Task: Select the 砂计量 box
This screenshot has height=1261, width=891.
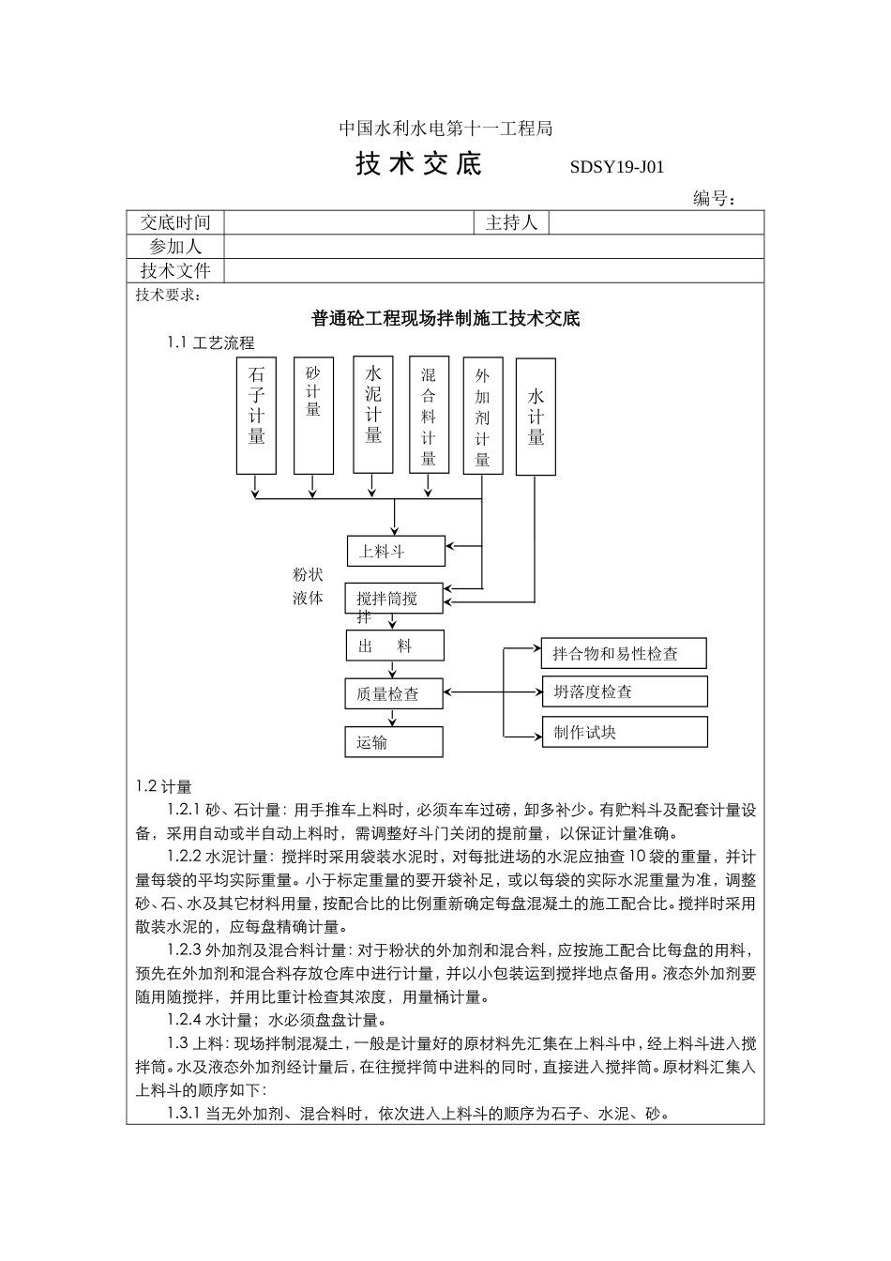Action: pyautogui.click(x=313, y=415)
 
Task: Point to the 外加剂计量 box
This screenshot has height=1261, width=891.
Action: pyautogui.click(x=483, y=415)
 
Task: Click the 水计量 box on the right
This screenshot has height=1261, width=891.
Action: pyautogui.click(x=536, y=416)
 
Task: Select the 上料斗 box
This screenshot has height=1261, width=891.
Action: pyautogui.click(x=396, y=552)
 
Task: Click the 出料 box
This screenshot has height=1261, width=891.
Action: pyautogui.click(x=394, y=646)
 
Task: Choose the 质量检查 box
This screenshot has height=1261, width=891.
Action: pyautogui.click(x=394, y=694)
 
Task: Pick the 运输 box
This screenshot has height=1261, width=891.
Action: pyautogui.click(x=394, y=742)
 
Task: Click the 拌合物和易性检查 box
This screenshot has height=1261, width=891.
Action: pyautogui.click(x=624, y=653)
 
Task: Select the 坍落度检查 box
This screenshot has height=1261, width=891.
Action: pyautogui.click(x=624, y=691)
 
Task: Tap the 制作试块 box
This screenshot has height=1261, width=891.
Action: pyautogui.click(x=624, y=732)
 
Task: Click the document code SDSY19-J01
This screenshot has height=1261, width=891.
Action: pyautogui.click(x=616, y=168)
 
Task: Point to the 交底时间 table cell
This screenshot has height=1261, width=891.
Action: pyautogui.click(x=175, y=222)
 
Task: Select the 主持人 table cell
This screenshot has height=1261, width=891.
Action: pyautogui.click(x=511, y=222)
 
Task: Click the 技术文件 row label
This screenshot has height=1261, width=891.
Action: pyautogui.click(x=175, y=271)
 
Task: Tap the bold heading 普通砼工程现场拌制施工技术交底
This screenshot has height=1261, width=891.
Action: pyautogui.click(x=445, y=319)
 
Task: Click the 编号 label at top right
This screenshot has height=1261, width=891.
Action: pyautogui.click(x=714, y=198)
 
